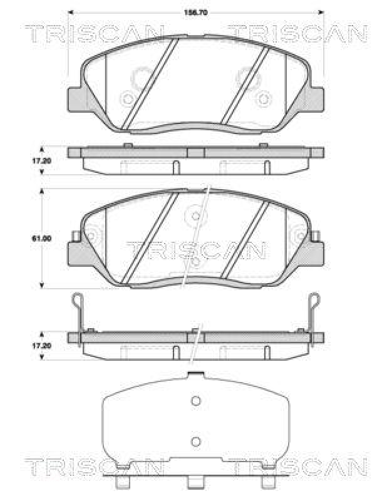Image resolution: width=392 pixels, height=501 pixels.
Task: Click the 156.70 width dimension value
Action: pos(195,12)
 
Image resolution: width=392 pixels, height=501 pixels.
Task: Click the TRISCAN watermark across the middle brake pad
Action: pos(195,250)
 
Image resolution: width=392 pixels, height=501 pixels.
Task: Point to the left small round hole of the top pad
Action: pos(128,98)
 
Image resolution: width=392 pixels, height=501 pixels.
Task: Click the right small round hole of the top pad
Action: pos(264,98)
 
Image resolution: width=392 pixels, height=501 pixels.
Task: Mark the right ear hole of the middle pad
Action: pos(299,236)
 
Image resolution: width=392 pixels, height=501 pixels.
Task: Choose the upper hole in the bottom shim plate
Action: pos(195,401)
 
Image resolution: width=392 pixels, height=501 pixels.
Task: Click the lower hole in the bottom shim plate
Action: pos(195,441)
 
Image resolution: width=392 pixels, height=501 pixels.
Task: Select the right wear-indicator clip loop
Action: pos(314,302)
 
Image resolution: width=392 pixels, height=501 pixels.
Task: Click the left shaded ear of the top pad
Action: pos(75,98)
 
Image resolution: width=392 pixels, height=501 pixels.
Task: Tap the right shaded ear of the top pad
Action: pos(316,98)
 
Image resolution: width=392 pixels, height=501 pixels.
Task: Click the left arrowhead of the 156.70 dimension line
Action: pos(70,12)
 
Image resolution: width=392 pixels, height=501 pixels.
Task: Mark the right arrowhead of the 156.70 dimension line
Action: pos(322,12)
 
